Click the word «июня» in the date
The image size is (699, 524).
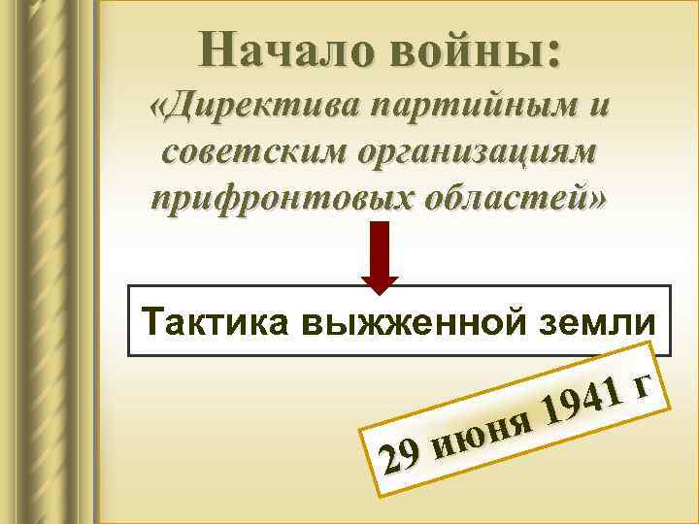482,430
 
